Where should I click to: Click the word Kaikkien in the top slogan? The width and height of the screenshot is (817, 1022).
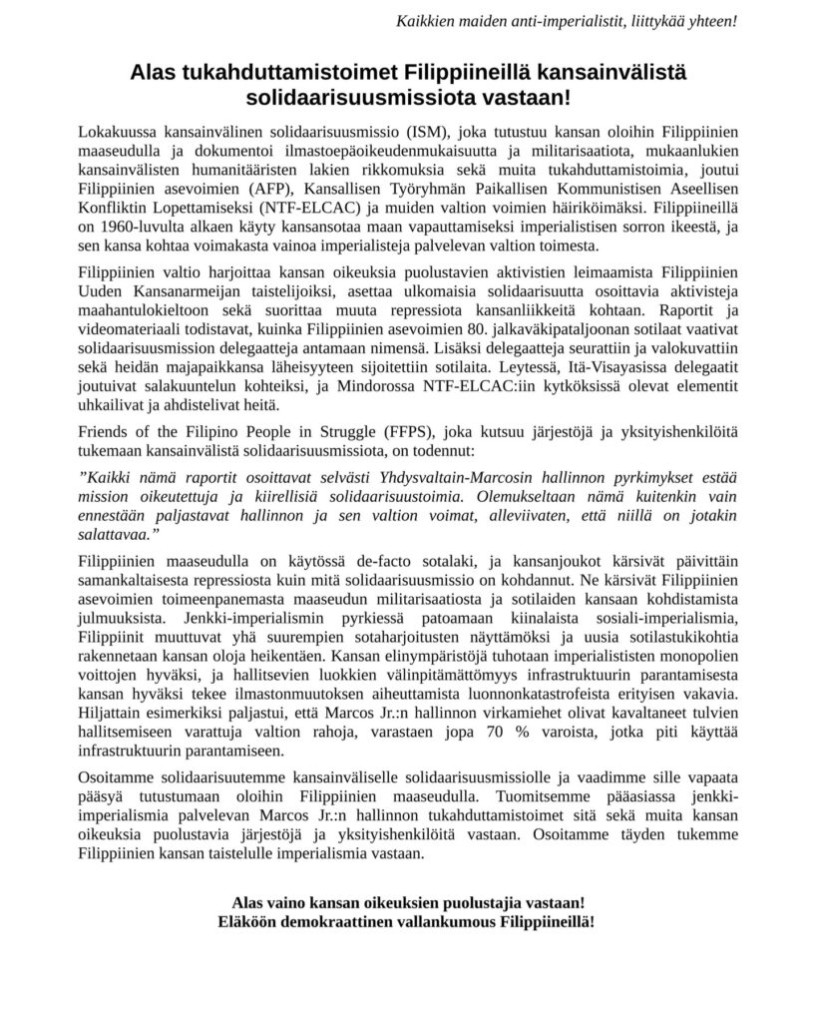click(x=426, y=20)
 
